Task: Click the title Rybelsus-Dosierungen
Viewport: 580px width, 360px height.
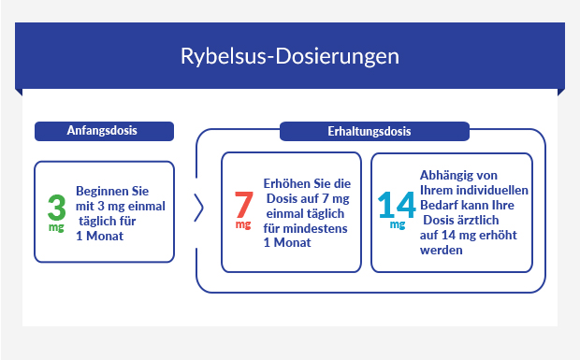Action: pos(290,56)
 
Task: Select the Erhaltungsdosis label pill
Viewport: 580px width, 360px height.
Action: pos(370,131)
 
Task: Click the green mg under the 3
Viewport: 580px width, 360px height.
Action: pos(55,227)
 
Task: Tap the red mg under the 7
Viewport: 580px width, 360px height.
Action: pos(242,225)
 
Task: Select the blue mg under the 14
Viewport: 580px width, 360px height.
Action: pos(398,225)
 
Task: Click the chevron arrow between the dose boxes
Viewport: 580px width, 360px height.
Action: pos(199,209)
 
